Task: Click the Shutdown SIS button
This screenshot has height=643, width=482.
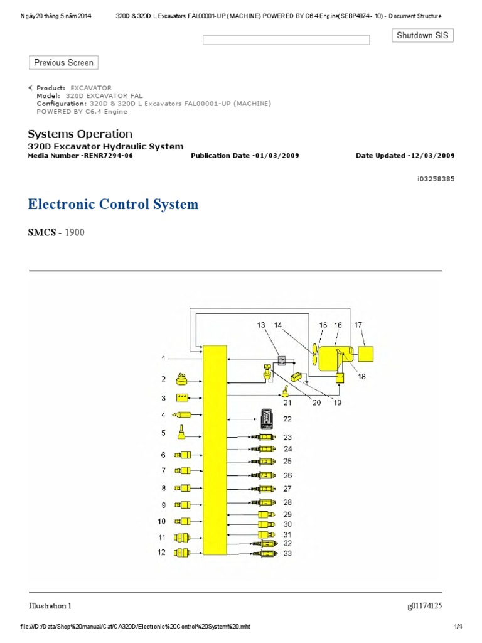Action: (423, 36)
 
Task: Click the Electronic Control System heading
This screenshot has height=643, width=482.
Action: (113, 204)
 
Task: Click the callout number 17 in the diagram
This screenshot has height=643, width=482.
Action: (358, 325)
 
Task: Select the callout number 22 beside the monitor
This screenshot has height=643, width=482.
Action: (288, 419)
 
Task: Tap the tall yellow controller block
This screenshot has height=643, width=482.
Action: (215, 450)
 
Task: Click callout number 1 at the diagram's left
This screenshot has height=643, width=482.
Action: (163, 359)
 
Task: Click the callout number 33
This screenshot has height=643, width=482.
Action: (287, 554)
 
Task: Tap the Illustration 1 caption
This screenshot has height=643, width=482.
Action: (50, 606)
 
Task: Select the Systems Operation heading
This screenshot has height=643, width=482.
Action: (80, 134)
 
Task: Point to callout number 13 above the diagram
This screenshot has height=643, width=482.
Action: (261, 325)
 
